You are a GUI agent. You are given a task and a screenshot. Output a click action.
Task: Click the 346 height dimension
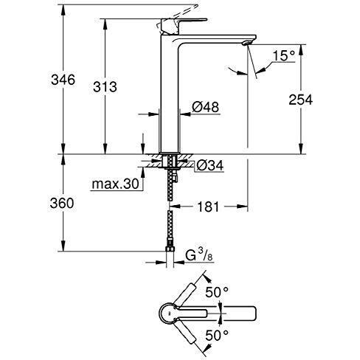(63, 80)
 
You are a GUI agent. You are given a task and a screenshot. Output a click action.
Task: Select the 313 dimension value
(105, 87)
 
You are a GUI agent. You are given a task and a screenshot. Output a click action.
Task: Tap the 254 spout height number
(300, 100)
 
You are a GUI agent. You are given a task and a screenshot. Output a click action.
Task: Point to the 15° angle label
(283, 55)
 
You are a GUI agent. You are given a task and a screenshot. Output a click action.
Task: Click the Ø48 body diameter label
(205, 108)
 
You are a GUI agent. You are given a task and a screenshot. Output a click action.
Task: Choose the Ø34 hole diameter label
(210, 165)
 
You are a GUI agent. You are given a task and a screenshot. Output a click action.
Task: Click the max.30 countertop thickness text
(115, 184)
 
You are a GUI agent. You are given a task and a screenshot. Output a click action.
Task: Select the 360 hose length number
(62, 204)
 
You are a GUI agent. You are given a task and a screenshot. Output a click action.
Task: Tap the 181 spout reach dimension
(208, 207)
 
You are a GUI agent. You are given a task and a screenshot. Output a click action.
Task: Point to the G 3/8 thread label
(198, 255)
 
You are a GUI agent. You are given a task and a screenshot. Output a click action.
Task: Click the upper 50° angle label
(217, 292)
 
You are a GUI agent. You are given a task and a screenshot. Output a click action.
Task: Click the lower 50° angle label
(217, 336)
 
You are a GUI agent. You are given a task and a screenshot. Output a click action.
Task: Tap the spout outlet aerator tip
(246, 43)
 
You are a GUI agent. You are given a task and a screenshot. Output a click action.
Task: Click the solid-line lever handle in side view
(183, 26)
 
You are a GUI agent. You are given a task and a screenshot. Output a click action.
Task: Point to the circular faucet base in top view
(170, 314)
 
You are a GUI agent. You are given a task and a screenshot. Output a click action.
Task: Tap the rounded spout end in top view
(253, 314)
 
